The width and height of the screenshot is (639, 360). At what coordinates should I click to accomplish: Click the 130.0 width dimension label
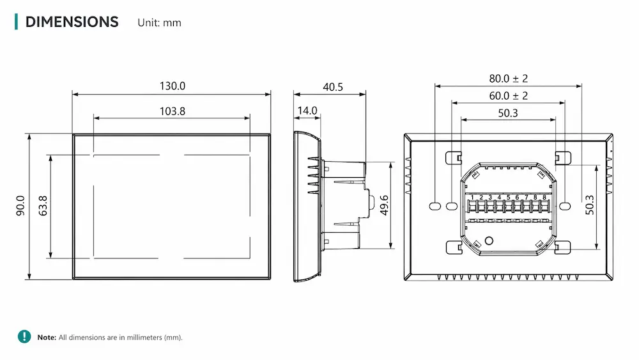172,86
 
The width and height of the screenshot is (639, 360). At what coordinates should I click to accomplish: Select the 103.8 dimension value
172,111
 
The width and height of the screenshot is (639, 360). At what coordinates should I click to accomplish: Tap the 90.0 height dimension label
20,205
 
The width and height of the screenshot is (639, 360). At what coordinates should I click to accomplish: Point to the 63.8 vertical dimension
43,205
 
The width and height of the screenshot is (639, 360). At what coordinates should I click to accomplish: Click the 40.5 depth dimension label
333,87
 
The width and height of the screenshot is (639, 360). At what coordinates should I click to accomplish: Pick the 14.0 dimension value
307,111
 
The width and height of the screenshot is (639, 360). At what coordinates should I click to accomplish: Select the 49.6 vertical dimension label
384,205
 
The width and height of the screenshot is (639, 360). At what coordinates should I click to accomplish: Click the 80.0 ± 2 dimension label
508,78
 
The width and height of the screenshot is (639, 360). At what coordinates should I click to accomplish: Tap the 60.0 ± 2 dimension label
508,96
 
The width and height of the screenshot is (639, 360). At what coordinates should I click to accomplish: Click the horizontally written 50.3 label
508,113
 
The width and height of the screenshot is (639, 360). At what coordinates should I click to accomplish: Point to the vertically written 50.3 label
590,205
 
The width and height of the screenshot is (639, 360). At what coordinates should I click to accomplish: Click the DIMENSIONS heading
72,22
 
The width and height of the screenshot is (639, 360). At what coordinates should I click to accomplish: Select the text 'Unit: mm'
159,23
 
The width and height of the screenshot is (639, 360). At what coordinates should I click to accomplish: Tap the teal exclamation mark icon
24,336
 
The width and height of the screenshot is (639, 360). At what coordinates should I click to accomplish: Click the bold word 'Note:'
47,337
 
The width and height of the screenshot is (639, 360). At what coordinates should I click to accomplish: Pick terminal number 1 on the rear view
472,198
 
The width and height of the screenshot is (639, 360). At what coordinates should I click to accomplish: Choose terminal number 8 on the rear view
544,198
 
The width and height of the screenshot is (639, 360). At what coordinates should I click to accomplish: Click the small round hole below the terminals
489,241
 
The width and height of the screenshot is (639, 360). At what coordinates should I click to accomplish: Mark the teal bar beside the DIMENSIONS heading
17,22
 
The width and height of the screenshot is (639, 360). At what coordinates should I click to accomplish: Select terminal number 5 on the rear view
508,198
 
